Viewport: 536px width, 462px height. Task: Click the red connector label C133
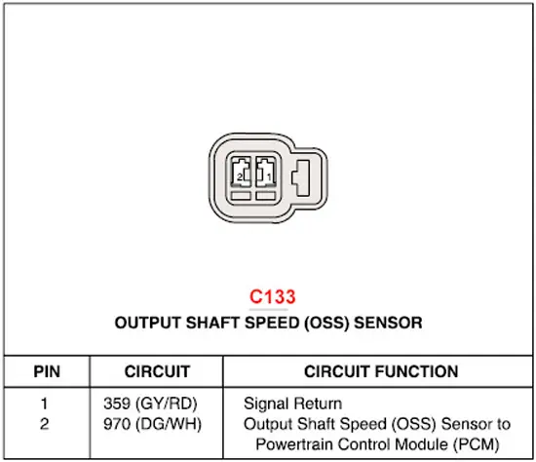pos(273,296)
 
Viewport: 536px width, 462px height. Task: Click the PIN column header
pos(47,371)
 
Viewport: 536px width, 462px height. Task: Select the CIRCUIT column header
pos(157,371)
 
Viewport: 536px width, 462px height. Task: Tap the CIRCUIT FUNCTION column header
pos(381,371)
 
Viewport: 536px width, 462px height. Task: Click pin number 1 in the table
pos(44,404)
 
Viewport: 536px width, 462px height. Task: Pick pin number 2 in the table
pos(45,424)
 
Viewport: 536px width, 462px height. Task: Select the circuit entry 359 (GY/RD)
pos(150,404)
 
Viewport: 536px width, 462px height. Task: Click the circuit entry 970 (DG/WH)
pos(152,424)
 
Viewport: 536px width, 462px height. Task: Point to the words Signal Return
pos(292,404)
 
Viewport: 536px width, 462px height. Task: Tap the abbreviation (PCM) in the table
pos(477,444)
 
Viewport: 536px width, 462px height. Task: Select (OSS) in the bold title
pos(326,323)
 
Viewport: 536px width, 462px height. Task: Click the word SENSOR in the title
pos(388,323)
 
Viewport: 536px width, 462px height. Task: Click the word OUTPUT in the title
pos(148,323)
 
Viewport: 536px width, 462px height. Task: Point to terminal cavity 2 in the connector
pos(241,172)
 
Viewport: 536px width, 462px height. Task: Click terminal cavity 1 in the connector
pos(266,172)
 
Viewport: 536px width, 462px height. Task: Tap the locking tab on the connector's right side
pos(301,177)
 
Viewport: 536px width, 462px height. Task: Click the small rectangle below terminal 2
pos(241,196)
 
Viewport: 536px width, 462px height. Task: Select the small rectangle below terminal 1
pos(266,196)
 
